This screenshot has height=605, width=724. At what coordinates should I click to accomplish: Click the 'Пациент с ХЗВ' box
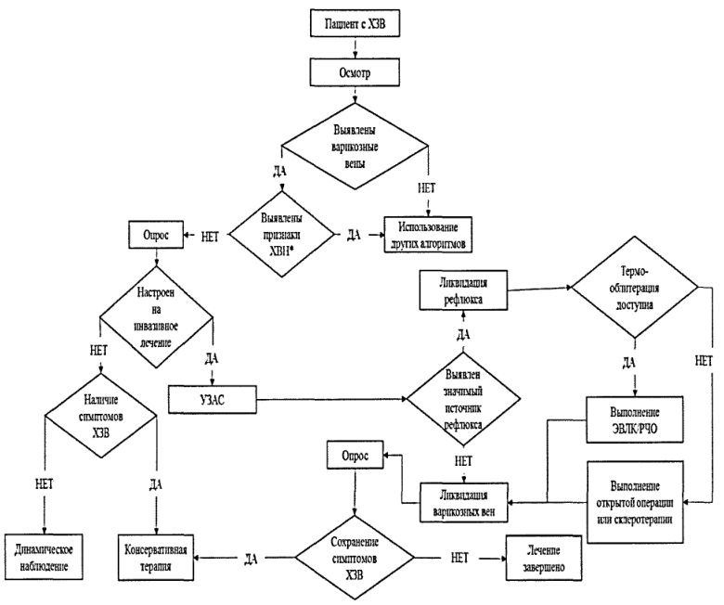pos(355,23)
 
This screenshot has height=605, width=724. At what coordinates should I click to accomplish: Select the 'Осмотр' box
pos(355,73)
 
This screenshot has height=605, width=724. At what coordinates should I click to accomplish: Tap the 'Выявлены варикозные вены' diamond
pos(356,147)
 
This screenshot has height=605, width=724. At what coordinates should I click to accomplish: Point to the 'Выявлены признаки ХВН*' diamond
pos(281,234)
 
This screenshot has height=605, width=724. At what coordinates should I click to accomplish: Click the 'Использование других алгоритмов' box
pos(428,235)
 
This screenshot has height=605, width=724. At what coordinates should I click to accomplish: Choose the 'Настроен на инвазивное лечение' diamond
pos(156,317)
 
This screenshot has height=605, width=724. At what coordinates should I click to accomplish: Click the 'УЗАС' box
pos(212,399)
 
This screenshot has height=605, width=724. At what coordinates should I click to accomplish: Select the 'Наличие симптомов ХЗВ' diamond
pos(101,416)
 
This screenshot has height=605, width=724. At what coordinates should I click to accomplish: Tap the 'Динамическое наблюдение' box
pos(44,558)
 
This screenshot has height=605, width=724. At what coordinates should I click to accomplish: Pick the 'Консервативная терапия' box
pos(156,558)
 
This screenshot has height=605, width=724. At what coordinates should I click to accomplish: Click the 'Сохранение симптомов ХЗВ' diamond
pos(355,558)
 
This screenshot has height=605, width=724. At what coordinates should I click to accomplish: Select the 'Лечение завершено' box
pos(543,558)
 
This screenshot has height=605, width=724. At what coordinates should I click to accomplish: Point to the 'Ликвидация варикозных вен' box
pos(463,503)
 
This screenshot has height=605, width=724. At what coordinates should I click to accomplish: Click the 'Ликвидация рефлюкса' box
pos(463,290)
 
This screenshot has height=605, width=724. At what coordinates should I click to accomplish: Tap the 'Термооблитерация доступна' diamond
pos(634,287)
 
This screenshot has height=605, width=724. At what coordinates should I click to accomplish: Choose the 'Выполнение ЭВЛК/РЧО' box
pos(634,419)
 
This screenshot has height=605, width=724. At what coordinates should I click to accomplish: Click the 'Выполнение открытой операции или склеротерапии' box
pos(635,502)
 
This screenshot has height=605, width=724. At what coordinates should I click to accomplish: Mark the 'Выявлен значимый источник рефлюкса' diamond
pos(463,399)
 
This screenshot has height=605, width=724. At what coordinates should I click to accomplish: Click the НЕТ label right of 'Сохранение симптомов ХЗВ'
pos(459,558)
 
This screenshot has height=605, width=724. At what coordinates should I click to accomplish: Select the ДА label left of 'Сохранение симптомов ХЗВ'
pos(251,559)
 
